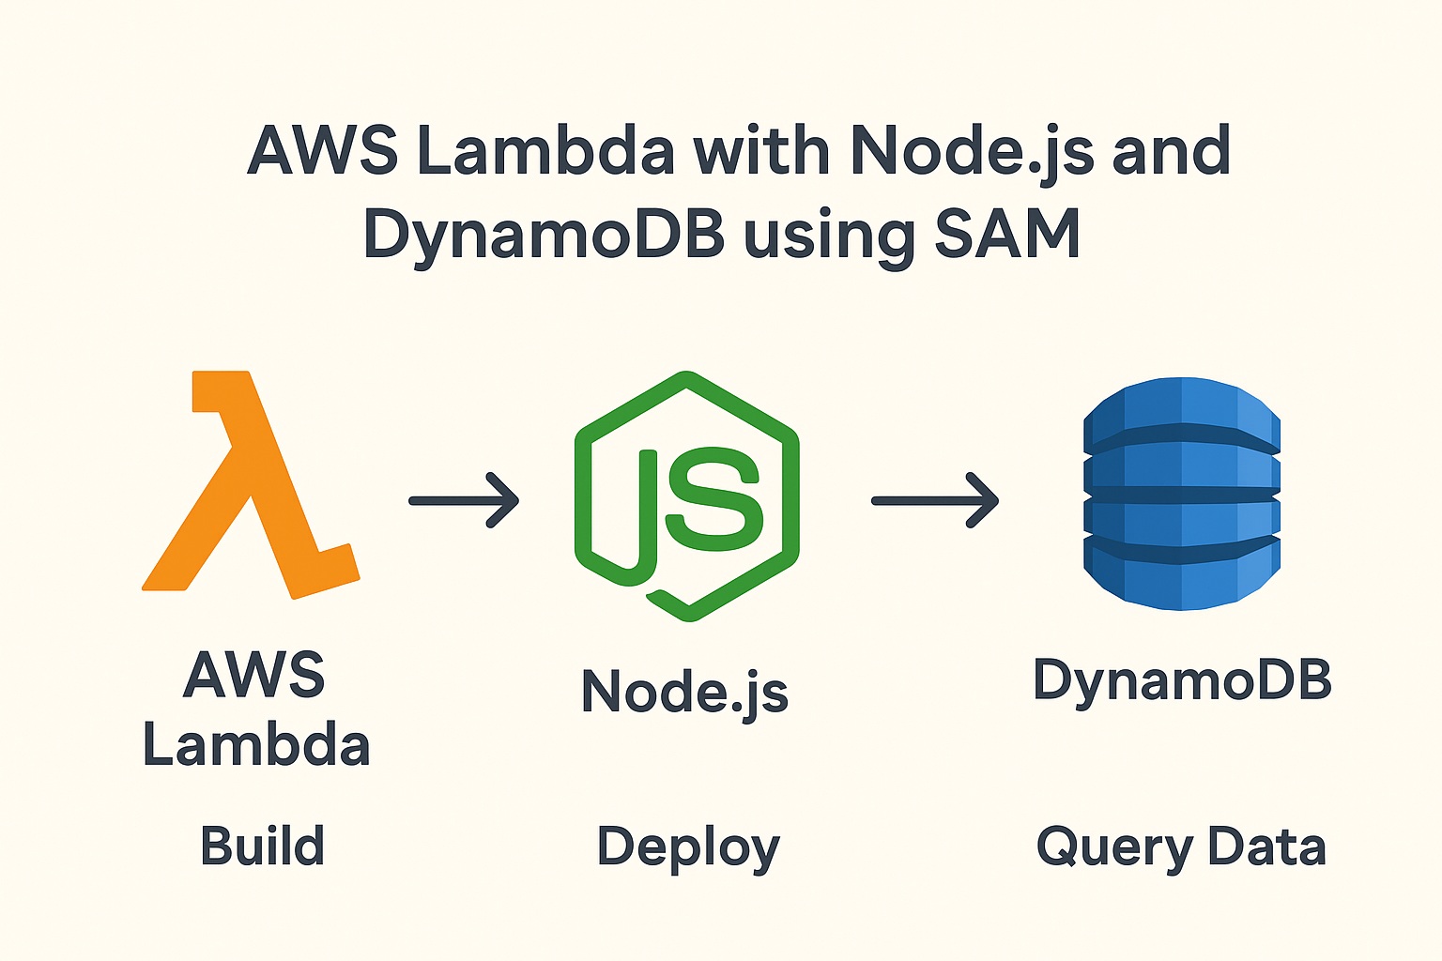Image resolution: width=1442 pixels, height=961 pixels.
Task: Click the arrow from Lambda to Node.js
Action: (464, 500)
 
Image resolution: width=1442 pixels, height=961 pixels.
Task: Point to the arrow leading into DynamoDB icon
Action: (934, 500)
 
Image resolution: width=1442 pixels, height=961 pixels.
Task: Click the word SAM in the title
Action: (1006, 234)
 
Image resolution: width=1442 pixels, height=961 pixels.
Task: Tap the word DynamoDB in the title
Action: (544, 236)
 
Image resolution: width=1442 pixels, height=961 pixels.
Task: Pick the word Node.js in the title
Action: (972, 151)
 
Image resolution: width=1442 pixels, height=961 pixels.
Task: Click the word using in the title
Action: (829, 236)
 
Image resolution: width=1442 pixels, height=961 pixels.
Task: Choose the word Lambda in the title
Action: (545, 151)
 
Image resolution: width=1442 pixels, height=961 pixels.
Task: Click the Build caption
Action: (262, 846)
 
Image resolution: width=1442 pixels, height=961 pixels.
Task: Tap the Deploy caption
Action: (688, 848)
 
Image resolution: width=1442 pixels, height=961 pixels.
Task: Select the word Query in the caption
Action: (1113, 848)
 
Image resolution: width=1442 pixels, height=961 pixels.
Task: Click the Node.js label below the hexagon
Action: (684, 693)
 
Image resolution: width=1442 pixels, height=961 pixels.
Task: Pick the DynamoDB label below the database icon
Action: (1182, 681)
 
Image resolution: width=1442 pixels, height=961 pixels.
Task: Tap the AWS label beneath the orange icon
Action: (254, 674)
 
